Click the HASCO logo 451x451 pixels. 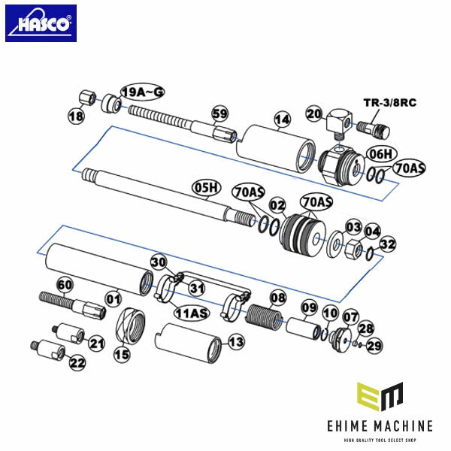coord(41,23)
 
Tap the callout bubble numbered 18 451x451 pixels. coord(76,116)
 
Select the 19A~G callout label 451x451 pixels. coord(143,92)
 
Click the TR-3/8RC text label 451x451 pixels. coord(390,103)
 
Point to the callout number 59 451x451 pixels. coord(219,114)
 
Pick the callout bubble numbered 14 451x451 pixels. coord(283,120)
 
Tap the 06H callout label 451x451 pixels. coord(381,154)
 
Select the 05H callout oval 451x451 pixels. coord(207,188)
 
